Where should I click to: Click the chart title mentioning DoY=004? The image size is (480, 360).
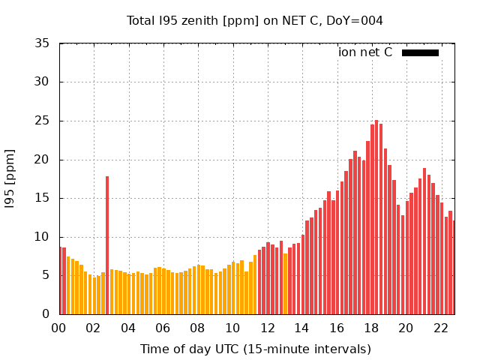point(255,20)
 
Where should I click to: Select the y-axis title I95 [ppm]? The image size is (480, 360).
point(10,178)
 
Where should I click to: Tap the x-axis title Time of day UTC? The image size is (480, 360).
point(255,349)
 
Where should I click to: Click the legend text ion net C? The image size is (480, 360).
point(365,52)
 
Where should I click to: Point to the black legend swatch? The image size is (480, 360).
point(420,52)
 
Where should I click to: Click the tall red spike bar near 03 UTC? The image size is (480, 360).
point(107,247)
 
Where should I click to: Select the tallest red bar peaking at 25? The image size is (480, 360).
point(376,217)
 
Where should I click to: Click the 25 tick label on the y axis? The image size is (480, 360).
point(43,121)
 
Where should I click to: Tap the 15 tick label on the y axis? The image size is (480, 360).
point(43,198)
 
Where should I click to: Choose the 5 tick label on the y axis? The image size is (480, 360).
point(46,275)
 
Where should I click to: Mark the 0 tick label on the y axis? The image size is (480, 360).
point(46,314)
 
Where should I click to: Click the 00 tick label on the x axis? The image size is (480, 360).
point(59,328)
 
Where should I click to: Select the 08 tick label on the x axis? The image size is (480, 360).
point(198,328)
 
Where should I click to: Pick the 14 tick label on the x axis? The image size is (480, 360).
point(302,328)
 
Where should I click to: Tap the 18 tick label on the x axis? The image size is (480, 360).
point(371,328)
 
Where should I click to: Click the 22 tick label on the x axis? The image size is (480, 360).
point(441,328)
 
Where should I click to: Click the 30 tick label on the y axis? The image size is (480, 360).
point(43,82)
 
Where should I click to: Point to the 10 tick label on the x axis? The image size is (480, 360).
point(232,328)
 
